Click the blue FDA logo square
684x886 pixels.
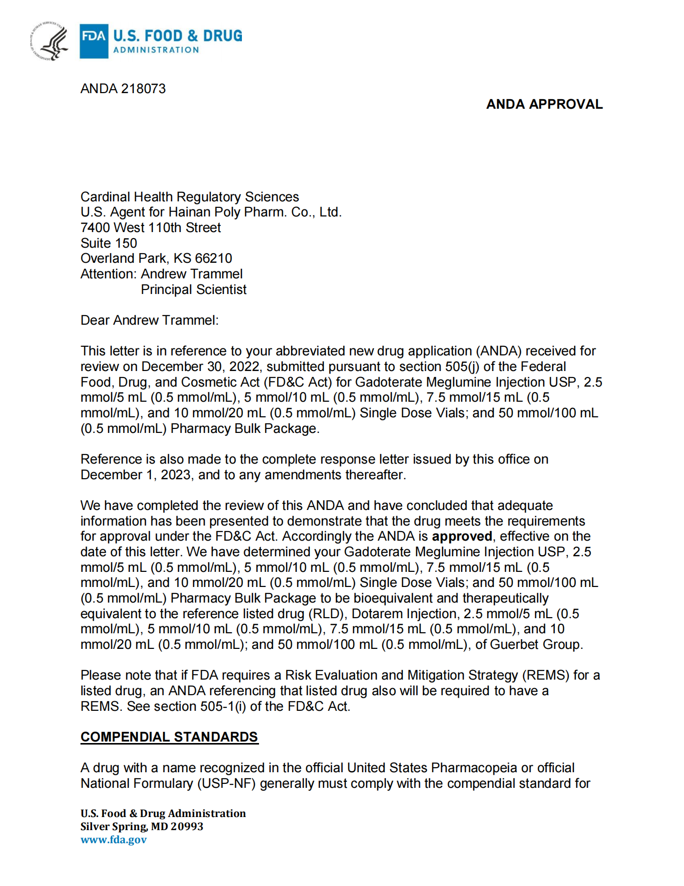[94, 41]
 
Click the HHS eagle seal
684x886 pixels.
[49, 41]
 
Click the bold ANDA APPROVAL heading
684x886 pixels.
[544, 104]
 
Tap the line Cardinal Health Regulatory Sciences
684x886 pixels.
[190, 197]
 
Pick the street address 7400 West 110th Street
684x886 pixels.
[150, 228]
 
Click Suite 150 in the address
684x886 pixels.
[109, 243]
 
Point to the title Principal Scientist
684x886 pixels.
[194, 289]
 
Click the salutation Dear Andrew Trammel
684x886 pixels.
[149, 320]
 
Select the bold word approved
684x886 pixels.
[462, 536]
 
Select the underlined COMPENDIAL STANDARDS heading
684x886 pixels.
[169, 737]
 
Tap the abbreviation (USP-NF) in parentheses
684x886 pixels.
[226, 783]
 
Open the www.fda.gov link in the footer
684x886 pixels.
[114, 840]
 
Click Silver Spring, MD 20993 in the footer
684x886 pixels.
[142, 827]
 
